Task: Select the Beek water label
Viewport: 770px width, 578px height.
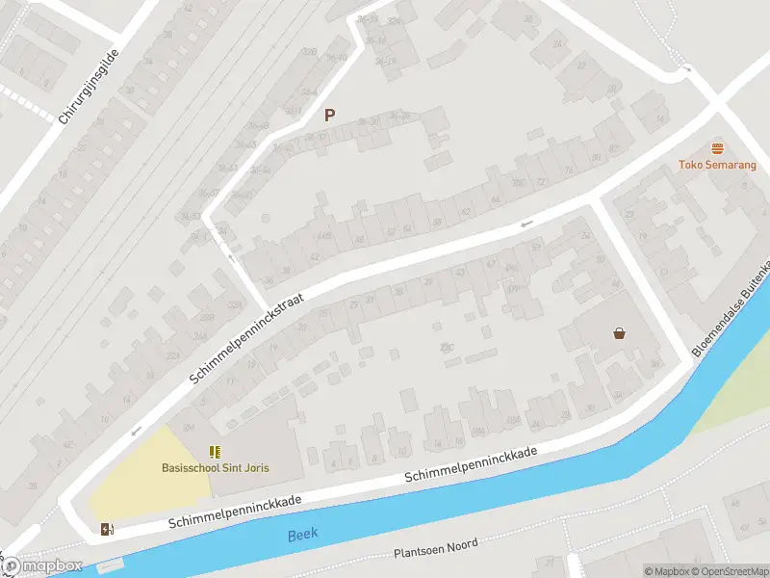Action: coord(303,534)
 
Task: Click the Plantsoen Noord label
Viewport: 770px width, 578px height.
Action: coord(436,552)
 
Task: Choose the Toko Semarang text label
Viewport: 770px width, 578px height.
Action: coord(717,165)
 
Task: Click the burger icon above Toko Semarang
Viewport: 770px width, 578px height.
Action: coord(717,148)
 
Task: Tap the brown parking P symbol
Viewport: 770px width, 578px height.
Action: coord(330,116)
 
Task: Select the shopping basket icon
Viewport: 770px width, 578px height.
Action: coord(620,333)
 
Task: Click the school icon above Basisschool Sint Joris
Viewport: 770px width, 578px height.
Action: coord(216,451)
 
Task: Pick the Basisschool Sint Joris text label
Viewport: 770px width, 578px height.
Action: coord(216,468)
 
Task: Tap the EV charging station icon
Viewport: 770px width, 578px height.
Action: coord(105,528)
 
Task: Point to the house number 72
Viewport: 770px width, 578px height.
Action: coord(541,180)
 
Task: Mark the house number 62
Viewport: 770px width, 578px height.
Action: coord(467,211)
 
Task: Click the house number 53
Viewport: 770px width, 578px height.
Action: coord(536,248)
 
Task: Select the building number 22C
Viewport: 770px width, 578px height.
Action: coord(446,348)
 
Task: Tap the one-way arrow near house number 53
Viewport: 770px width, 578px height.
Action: coord(526,225)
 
